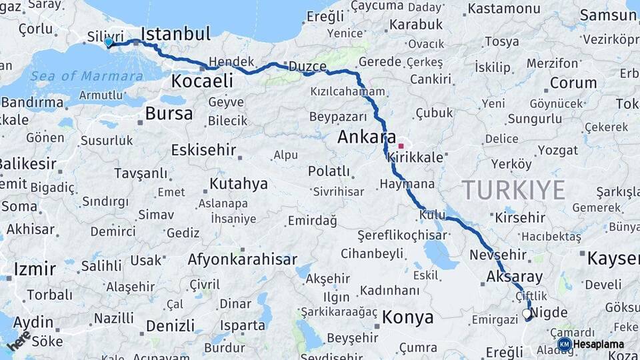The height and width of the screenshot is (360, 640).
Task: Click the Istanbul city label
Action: coord(176,33)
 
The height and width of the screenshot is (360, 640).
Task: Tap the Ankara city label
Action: coord(367,138)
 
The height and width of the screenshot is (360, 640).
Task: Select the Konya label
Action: coord(407,317)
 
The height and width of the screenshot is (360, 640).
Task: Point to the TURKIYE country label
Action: coord(514,190)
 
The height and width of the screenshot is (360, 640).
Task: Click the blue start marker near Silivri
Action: coord(109,43)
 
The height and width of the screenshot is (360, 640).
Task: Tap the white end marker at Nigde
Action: coord(527,313)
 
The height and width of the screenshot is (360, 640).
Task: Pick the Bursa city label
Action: coord(169,113)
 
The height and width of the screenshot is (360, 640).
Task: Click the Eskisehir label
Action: coord(203,150)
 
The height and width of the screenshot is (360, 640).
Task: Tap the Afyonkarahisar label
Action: coord(243,259)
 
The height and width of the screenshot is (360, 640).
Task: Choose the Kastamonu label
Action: coord(504,9)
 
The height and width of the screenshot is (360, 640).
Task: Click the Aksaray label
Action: coord(515,277)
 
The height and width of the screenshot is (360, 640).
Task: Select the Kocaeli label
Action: coord(202,81)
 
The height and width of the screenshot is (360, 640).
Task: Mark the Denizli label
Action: coord(170,326)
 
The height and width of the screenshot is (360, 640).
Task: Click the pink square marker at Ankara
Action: coord(401,145)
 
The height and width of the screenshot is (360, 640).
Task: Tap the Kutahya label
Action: coord(239,183)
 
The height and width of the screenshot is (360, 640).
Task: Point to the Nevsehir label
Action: coord(499,255)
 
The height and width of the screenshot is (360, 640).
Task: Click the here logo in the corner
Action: coord(19,341)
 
